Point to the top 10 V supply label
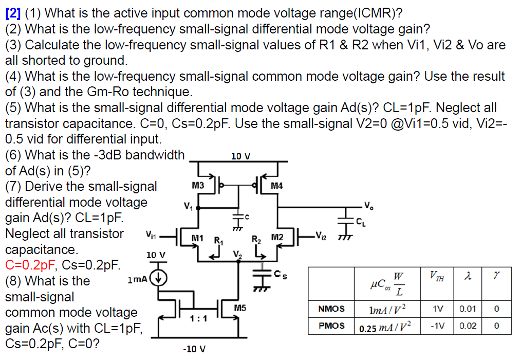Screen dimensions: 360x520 click(240, 156)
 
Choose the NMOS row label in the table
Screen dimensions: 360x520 click(332, 310)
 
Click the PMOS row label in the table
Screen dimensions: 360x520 click(332, 326)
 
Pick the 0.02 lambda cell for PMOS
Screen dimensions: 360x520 click(467, 326)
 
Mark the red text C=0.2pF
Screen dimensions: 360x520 click(33, 265)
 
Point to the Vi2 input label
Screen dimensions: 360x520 click(320, 237)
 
